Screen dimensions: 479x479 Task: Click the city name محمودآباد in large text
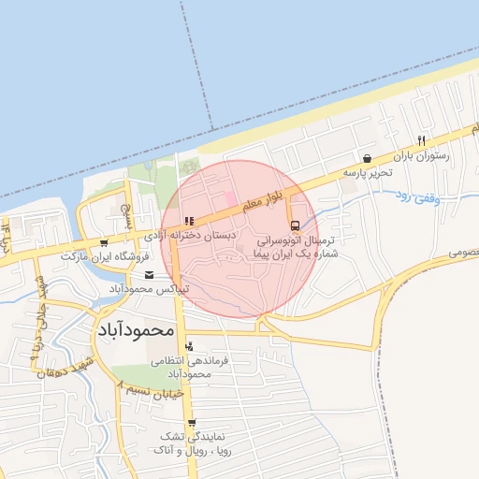(136, 330)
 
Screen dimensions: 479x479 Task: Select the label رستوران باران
(421, 156)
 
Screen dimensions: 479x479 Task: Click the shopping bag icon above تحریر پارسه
(366, 158)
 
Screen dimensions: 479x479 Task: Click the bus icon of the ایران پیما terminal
(295, 225)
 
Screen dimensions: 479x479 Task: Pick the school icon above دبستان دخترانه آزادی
(189, 222)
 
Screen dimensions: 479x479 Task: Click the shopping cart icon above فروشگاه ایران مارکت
(104, 242)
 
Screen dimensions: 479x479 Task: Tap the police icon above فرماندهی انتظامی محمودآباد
(190, 346)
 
